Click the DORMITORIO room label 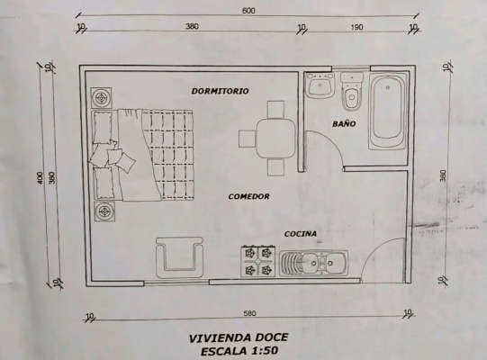click(220, 91)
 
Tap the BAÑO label click(344, 123)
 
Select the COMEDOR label click(248, 196)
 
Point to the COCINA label click(301, 234)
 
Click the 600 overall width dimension click(248, 11)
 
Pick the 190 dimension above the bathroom click(356, 27)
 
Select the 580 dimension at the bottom click(249, 313)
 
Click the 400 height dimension click(41, 177)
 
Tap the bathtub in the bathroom click(388, 112)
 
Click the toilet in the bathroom click(352, 92)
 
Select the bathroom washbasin click(320, 85)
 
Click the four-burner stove click(258, 261)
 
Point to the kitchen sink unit click(313, 264)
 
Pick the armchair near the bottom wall click(179, 257)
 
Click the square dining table click(275, 139)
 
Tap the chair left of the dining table click(248, 139)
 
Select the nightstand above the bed click(101, 98)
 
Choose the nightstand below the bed click(104, 211)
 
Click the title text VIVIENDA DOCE click(239, 337)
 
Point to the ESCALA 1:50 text click(239, 351)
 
